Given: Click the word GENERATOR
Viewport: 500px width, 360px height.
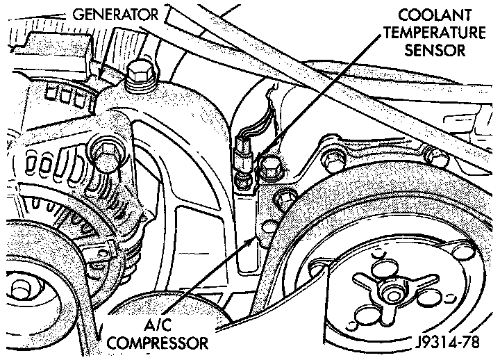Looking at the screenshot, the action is pos(117,13).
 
